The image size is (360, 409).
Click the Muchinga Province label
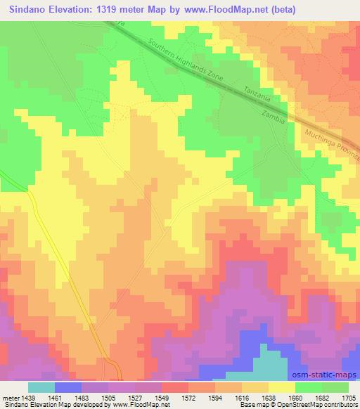[333, 140]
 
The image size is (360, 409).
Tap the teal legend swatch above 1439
[41, 387]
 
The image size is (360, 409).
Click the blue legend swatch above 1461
[68, 387]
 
